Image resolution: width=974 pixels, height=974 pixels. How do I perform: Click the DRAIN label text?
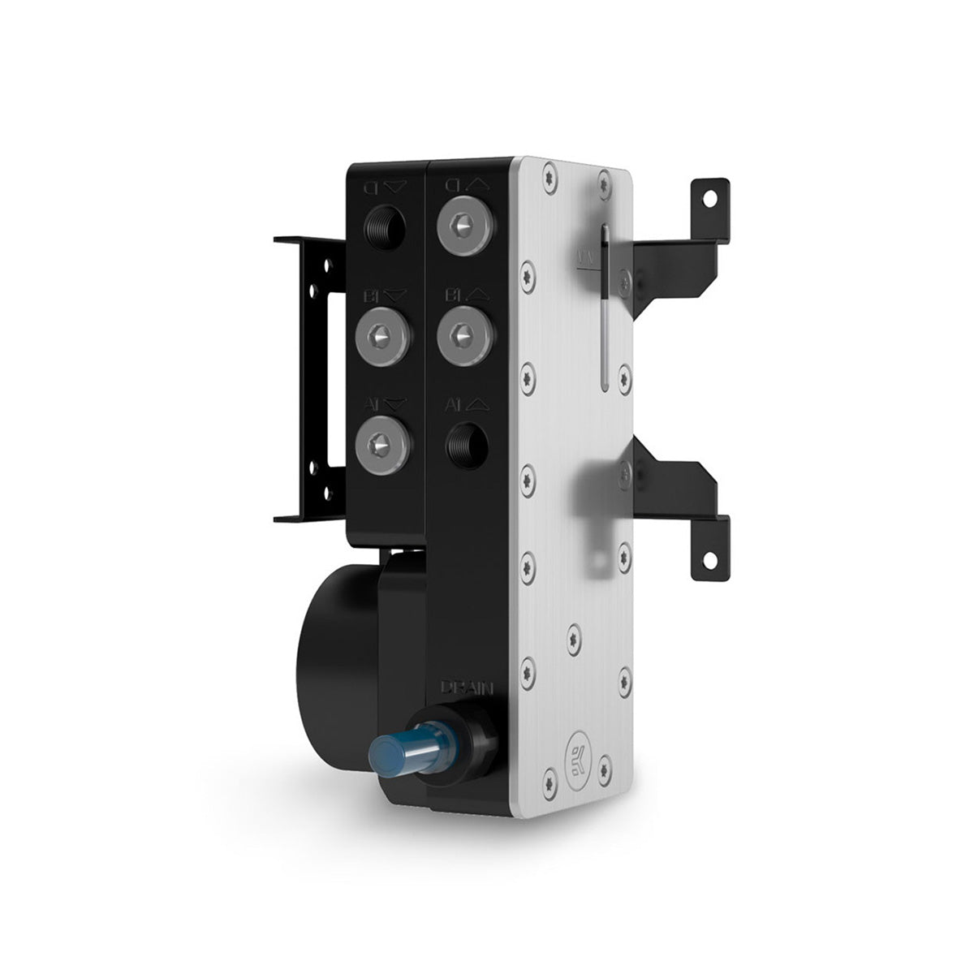point(466,687)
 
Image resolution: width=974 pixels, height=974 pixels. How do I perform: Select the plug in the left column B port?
point(382,333)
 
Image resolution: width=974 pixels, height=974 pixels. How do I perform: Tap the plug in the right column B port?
point(463,333)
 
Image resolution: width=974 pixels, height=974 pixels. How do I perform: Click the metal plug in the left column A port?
point(382,444)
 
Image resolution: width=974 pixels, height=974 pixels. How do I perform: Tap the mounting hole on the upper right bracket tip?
point(711,197)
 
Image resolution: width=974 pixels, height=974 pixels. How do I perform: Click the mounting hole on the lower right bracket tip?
point(711,560)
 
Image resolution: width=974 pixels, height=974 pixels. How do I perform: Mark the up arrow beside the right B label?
point(477,292)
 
